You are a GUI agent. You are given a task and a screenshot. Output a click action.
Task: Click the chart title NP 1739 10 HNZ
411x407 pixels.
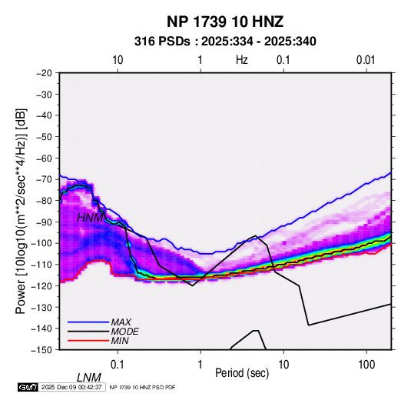(225, 22)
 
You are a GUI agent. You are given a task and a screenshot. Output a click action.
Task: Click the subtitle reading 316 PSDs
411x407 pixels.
(162, 42)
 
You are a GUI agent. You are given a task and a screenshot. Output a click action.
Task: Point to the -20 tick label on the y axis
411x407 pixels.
(44, 73)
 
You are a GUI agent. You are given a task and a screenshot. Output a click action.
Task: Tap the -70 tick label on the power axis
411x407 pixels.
(44, 179)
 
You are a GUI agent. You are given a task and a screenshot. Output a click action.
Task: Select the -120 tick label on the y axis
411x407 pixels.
(42, 285)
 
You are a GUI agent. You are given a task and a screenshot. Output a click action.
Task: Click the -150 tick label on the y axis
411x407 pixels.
(42, 350)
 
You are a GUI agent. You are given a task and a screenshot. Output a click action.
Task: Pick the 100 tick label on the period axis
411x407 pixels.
(366, 365)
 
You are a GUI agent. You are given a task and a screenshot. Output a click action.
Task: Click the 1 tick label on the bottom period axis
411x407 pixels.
(201, 365)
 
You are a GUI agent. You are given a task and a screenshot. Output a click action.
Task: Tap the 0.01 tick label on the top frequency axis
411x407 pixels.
(366, 60)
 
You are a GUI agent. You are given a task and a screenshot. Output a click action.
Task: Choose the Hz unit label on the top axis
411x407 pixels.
(242, 60)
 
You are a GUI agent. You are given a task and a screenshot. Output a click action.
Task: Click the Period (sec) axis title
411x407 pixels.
(242, 373)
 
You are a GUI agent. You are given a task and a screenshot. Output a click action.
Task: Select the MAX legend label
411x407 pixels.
(121, 322)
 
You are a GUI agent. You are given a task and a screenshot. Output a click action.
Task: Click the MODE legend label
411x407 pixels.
(124, 332)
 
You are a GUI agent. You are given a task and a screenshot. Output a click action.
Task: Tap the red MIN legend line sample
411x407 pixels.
(88, 341)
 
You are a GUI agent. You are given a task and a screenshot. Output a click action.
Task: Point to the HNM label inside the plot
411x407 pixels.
(90, 218)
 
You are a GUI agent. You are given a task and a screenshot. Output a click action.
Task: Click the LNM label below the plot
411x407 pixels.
(89, 378)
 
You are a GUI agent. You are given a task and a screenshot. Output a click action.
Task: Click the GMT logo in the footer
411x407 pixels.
(28, 387)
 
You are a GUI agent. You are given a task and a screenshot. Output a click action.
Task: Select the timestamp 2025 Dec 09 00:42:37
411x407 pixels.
(71, 387)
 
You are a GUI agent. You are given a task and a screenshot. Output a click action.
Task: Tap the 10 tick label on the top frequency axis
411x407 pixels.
(118, 60)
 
